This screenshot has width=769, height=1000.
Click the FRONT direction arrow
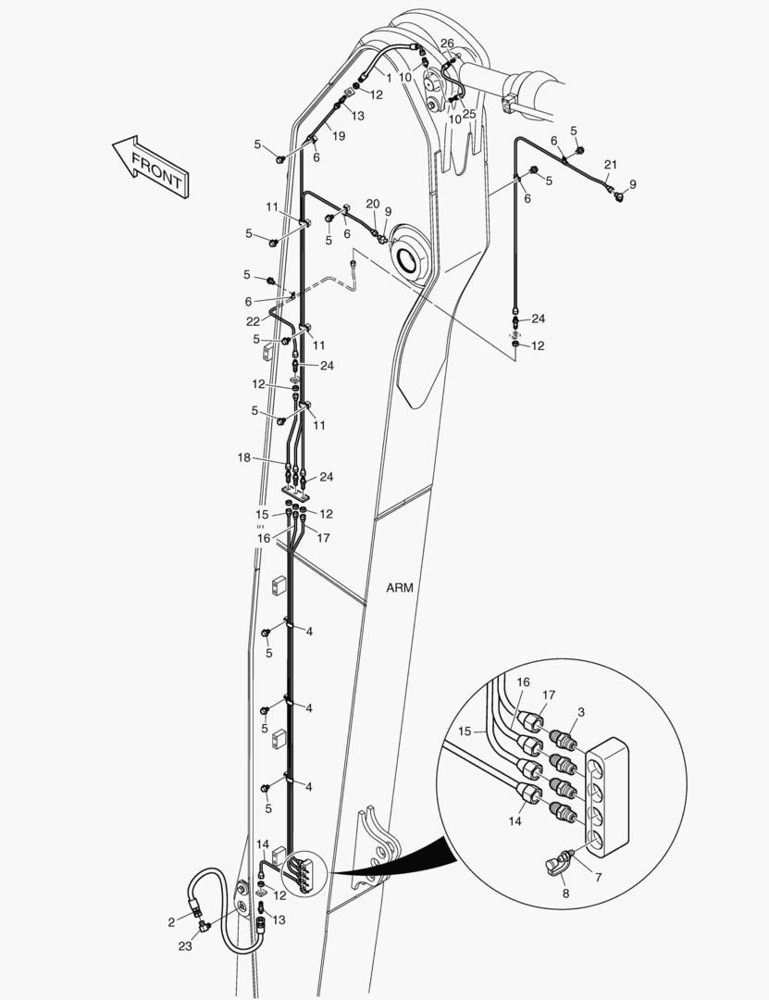click(x=151, y=165)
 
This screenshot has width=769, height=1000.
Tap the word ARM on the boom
click(x=400, y=587)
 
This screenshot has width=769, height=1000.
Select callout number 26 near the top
click(x=447, y=44)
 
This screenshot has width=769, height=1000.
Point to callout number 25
click(x=469, y=114)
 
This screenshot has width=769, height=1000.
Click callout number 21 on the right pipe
click(x=610, y=165)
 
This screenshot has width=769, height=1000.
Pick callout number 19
click(x=339, y=136)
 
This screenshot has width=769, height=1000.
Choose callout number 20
click(x=373, y=204)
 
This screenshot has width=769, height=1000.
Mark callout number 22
click(x=254, y=321)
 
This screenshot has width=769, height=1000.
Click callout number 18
click(x=244, y=457)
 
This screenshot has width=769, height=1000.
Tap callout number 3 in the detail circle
click(x=581, y=712)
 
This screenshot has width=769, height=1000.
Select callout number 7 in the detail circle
click(x=598, y=878)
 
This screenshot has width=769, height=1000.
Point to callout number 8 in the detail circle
click(x=565, y=894)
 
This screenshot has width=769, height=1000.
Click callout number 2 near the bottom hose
click(x=171, y=922)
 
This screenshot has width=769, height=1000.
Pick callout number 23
click(x=185, y=946)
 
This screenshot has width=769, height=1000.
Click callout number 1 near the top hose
click(x=389, y=78)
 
